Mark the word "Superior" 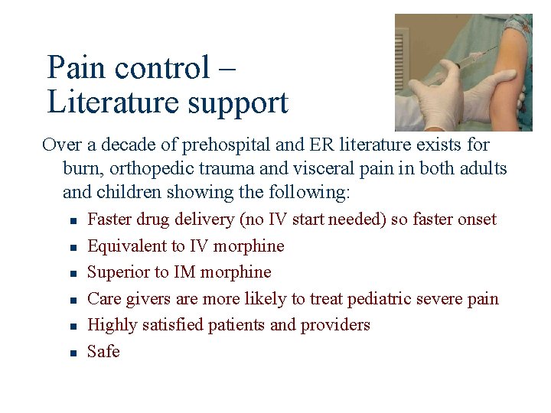point(117,272)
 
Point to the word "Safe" point(103,352)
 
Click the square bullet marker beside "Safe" point(70,353)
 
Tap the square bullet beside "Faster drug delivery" point(70,221)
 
